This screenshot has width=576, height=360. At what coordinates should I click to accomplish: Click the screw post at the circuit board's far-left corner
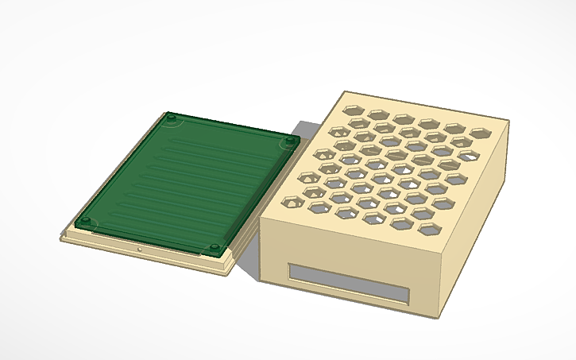[171, 118]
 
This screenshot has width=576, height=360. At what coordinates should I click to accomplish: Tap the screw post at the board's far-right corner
[290, 141]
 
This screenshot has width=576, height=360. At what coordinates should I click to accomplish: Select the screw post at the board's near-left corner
[85, 220]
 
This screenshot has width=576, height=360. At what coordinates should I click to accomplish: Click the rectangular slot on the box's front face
[350, 282]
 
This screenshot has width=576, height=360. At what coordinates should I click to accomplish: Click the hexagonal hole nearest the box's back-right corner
[479, 132]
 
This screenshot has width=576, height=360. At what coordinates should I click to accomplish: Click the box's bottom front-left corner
[263, 277]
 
